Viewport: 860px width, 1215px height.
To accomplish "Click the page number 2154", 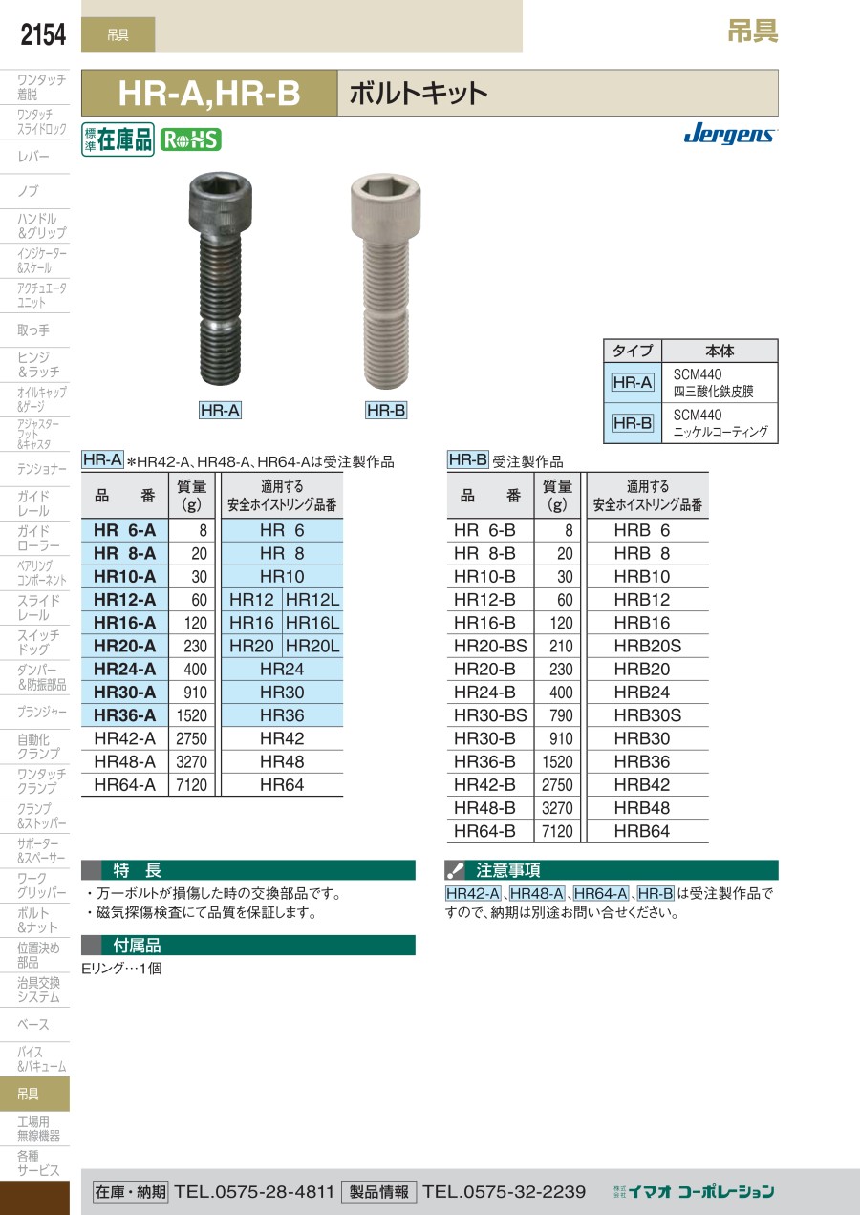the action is pos(43,34).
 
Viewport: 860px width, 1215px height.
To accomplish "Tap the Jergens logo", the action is pos(730,133).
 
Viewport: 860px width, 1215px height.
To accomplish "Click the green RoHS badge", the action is pos(191,140).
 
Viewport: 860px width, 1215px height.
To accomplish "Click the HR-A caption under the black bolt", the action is pos(220,410).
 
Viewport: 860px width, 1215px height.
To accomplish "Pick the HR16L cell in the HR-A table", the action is pos(312,623).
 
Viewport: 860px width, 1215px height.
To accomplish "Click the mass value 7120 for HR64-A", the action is pos(191,785).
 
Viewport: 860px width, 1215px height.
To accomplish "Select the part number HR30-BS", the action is pos(490,715).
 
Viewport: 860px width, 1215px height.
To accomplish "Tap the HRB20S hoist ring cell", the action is pos(647,646).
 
